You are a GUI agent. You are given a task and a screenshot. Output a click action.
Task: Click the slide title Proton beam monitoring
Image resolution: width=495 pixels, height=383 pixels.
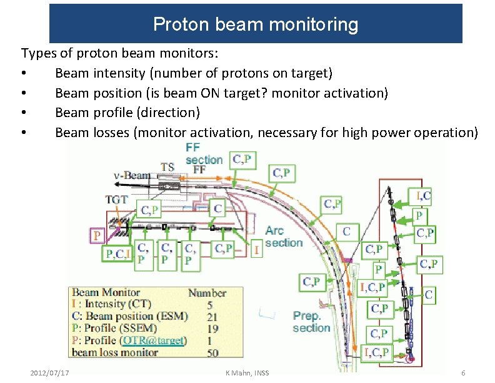(256, 24)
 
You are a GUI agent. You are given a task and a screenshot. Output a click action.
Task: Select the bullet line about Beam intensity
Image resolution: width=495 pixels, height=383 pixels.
(193, 73)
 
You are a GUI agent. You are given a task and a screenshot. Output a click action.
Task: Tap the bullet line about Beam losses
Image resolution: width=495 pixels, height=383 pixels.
(266, 132)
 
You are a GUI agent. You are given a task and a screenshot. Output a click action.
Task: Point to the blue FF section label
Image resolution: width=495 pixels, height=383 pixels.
(204, 154)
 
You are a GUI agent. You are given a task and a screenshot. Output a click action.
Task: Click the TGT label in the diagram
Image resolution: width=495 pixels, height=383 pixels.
(116, 200)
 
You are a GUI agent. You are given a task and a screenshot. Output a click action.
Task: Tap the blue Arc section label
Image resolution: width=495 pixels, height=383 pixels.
(283, 237)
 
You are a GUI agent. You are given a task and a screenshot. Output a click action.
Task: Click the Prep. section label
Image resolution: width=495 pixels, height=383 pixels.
(311, 322)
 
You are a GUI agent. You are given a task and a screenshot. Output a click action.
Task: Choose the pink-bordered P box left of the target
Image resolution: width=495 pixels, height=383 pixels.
(97, 236)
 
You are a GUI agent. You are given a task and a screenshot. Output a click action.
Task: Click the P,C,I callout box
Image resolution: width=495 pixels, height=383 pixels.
(119, 253)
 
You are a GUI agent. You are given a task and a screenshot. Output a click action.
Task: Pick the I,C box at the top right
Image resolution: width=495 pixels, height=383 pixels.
(423, 197)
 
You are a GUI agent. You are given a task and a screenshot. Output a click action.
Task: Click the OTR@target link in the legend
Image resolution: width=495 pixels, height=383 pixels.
(154, 340)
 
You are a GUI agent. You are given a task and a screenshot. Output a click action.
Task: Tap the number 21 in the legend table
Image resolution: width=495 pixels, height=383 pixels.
(212, 317)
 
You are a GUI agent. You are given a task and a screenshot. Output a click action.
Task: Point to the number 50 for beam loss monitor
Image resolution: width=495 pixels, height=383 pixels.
(212, 352)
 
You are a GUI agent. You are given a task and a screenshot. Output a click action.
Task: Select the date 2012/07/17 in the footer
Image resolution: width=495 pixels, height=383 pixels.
(50, 373)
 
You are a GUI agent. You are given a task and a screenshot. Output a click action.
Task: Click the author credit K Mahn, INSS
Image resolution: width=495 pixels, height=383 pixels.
(247, 373)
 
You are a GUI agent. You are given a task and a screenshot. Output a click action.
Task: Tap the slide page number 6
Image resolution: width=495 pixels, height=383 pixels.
(463, 373)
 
